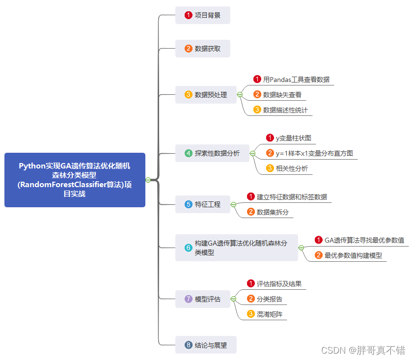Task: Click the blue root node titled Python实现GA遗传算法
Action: coord(75,180)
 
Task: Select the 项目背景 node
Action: coord(202,15)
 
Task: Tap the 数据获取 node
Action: coord(202,49)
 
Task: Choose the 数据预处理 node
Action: coord(206,95)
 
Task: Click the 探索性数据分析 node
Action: coord(212,153)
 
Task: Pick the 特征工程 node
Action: coord(202,204)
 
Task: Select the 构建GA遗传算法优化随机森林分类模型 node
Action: coord(236,248)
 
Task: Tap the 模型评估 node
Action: coord(202,299)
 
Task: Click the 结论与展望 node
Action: coord(206,345)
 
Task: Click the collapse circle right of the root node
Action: coord(148,180)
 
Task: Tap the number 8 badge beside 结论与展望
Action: coord(188,345)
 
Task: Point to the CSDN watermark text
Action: coord(363,350)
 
